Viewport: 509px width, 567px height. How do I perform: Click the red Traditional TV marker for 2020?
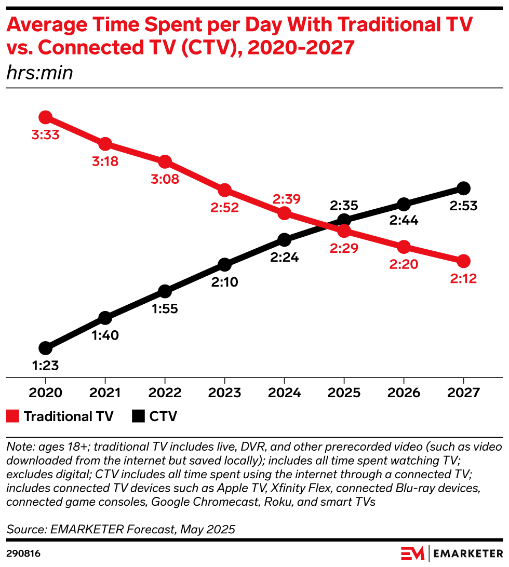[45, 117]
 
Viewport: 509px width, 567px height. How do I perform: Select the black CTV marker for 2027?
[463, 188]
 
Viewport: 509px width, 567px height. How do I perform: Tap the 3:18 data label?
[105, 161]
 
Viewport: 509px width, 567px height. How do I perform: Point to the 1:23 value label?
[45, 366]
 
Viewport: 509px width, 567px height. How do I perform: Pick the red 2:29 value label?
[343, 248]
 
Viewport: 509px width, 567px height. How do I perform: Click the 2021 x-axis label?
[105, 392]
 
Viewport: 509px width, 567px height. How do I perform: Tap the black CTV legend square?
[138, 416]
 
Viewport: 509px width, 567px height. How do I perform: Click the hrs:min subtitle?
[39, 73]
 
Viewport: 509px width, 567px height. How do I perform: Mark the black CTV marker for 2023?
[224, 265]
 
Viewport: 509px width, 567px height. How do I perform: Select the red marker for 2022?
[165, 161]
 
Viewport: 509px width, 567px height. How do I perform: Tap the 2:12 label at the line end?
[463, 279]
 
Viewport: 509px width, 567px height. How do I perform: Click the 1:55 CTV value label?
[165, 308]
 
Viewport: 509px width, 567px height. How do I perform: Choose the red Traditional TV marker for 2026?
[404, 247]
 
